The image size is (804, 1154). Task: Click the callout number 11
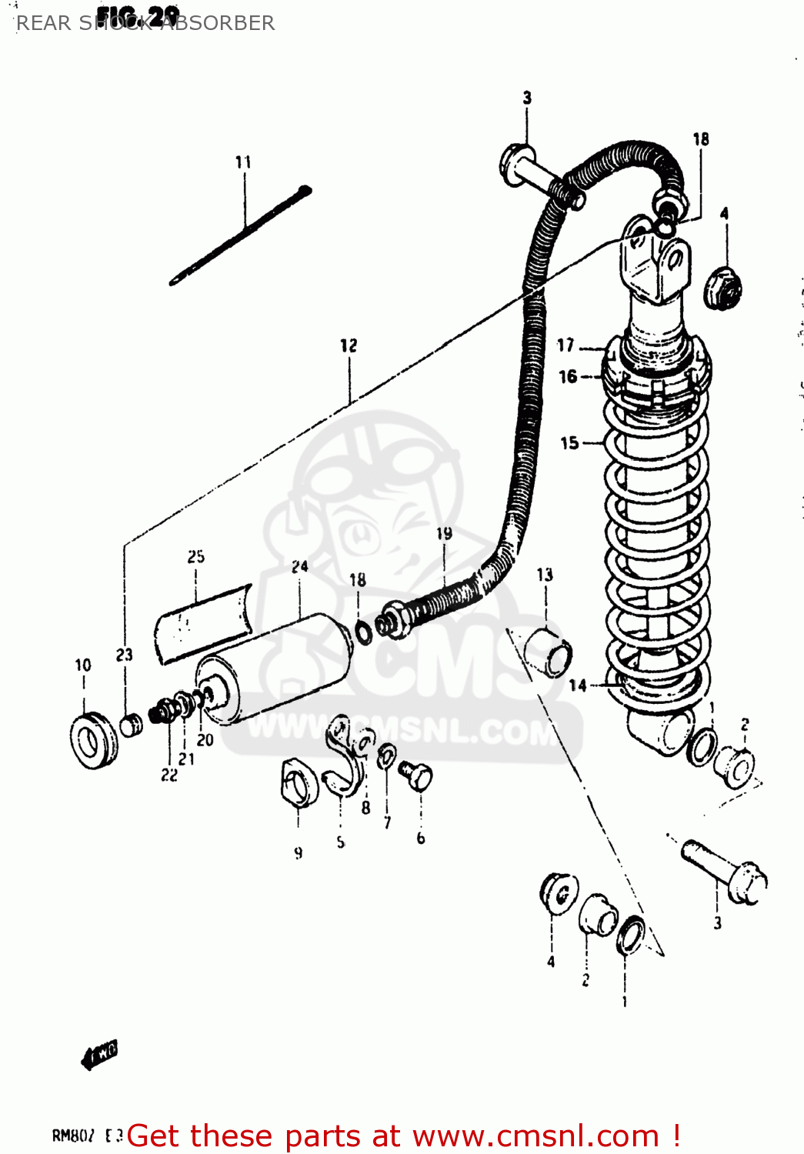(243, 162)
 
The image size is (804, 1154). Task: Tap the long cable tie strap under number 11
(239, 235)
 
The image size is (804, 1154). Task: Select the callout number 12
(349, 345)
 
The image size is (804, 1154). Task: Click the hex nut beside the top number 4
(722, 287)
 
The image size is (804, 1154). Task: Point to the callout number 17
(566, 345)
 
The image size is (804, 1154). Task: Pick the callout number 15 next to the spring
(569, 442)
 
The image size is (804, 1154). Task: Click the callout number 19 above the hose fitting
(444, 533)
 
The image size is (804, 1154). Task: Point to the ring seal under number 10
(94, 740)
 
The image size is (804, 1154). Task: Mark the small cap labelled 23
(132, 724)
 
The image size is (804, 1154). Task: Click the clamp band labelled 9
(299, 783)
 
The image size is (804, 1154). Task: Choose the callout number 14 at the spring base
(578, 685)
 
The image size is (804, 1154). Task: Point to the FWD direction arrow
(100, 1054)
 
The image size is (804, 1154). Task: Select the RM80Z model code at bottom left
(73, 1136)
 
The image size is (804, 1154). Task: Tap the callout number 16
(568, 376)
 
